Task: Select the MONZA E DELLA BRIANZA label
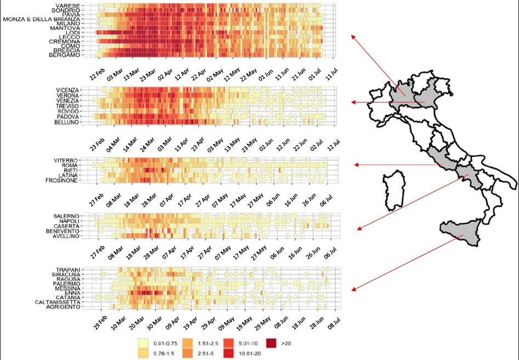(49, 19)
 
